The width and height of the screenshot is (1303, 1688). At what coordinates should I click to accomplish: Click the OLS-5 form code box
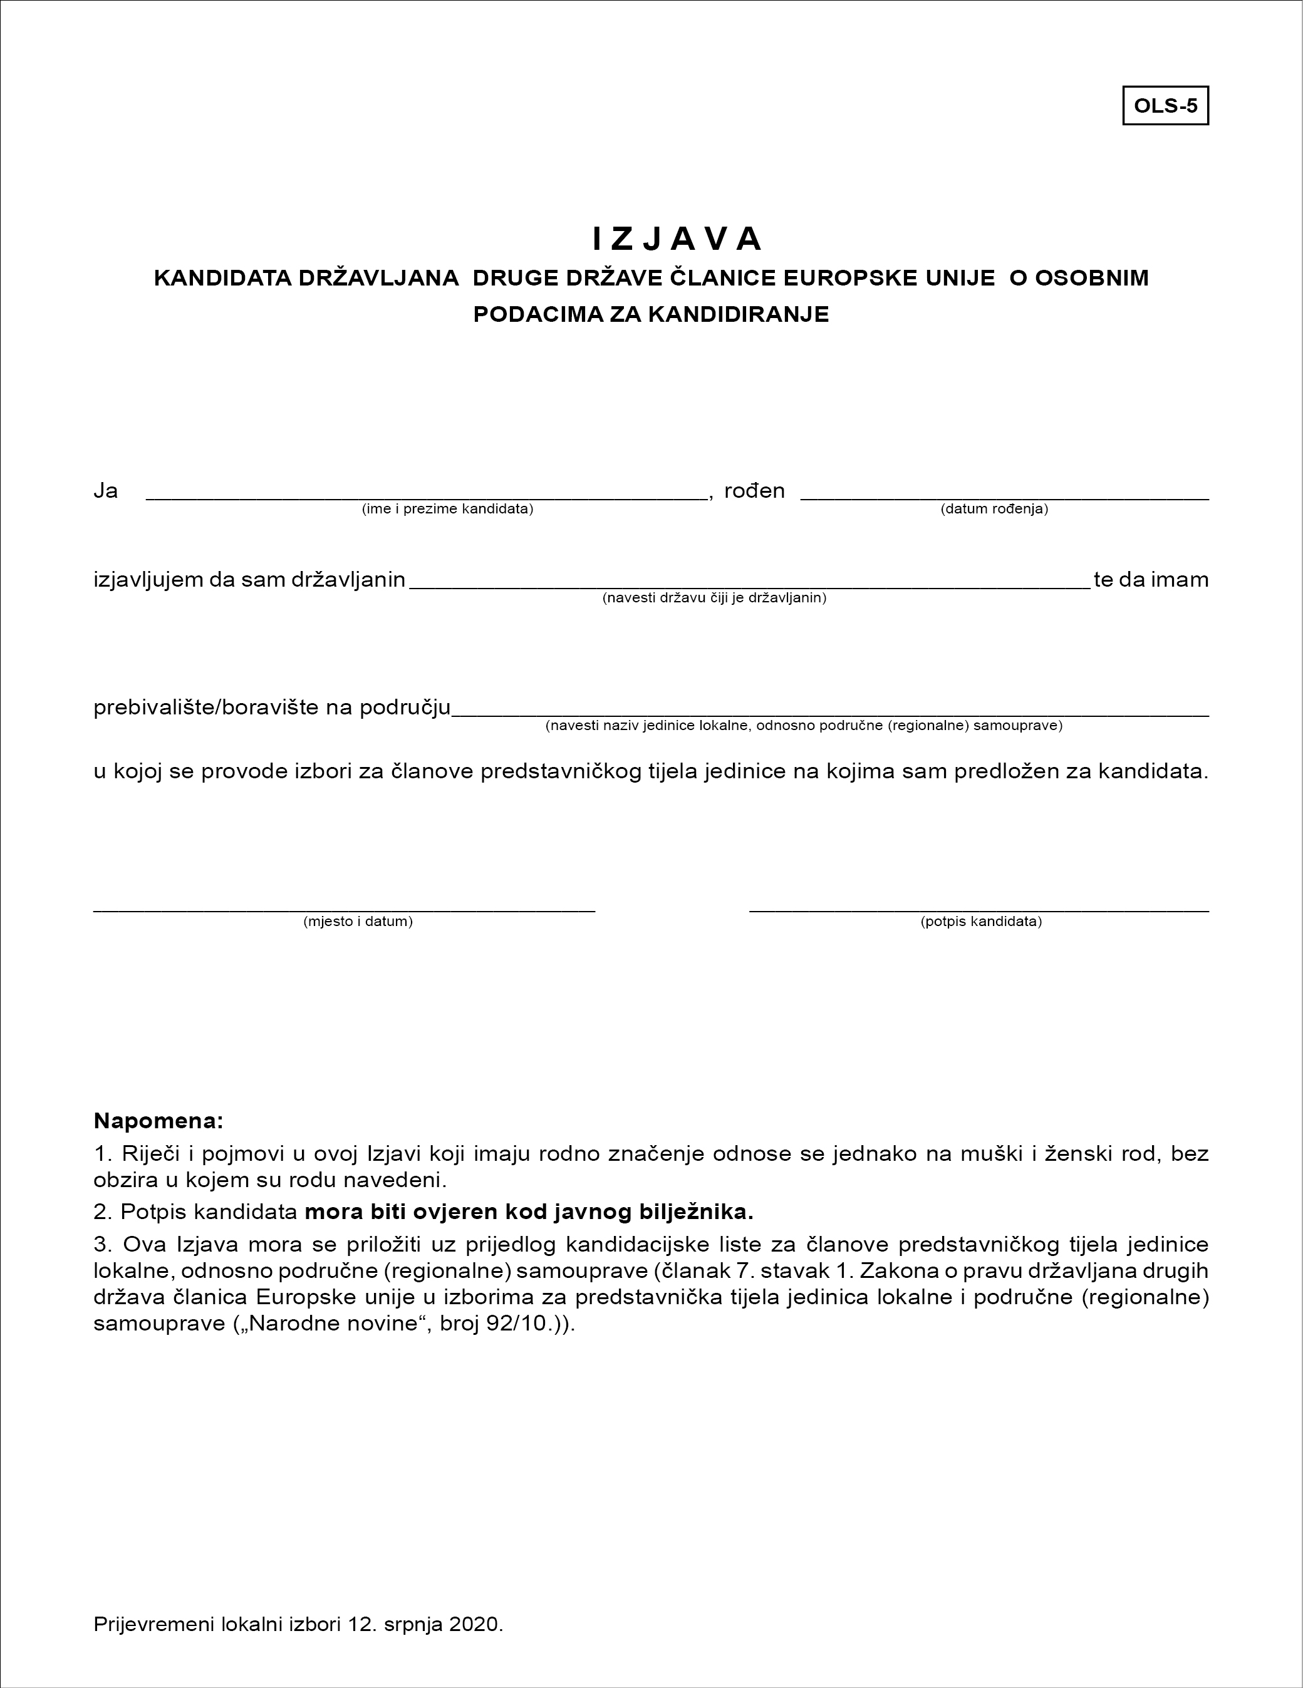point(1165,106)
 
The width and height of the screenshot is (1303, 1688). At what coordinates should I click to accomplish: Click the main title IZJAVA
point(677,240)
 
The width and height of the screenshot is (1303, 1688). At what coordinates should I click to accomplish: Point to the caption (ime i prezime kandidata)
point(448,509)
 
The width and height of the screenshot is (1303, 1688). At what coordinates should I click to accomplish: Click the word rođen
point(754,491)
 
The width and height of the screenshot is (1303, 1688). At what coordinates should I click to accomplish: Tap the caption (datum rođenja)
point(994,509)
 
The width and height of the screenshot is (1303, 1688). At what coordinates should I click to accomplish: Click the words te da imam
point(1151,580)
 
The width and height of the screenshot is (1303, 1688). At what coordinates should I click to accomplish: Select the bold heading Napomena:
point(158,1121)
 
